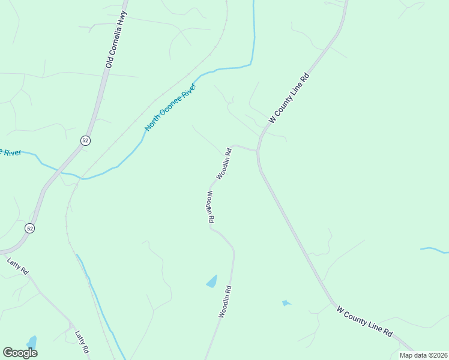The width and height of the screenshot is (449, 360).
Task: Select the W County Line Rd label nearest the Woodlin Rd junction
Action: (289, 98)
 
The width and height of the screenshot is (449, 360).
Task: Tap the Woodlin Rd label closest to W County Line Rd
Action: (224, 163)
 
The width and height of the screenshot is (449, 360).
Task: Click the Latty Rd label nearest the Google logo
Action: (82, 342)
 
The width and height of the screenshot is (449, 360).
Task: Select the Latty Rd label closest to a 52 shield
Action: (17, 266)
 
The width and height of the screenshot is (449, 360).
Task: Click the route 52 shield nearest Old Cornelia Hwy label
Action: (85, 140)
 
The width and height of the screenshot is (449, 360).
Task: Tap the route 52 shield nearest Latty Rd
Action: (30, 228)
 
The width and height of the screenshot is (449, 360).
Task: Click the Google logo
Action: (20, 353)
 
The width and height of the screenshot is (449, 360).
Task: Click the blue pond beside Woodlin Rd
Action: (212, 281)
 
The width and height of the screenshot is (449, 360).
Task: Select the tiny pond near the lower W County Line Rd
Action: (286, 303)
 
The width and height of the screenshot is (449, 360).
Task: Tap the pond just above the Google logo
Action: (32, 342)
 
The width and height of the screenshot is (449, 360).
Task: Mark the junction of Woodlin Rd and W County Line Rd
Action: (258, 149)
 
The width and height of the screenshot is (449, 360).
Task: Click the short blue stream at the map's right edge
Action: (433, 249)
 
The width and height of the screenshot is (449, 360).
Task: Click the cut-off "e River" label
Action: (11, 152)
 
